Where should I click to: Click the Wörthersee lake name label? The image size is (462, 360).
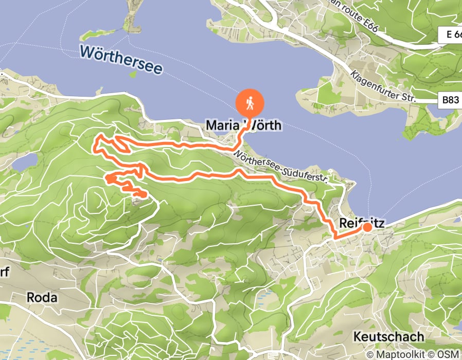coord(121,59)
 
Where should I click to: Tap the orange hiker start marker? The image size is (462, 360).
coord(250,104)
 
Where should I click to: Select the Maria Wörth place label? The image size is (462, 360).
coord(243,125)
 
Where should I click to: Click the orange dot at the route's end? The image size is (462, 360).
coord(367,227)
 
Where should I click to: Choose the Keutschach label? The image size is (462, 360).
coord(388,337)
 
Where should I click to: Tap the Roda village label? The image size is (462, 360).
coord(42,297)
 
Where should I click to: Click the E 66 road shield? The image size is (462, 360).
coord(450,35)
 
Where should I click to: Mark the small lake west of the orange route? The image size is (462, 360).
coord(25,162)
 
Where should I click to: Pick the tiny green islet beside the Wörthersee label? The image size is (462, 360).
coord(133,74)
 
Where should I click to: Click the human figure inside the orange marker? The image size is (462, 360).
coord(250,103)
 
